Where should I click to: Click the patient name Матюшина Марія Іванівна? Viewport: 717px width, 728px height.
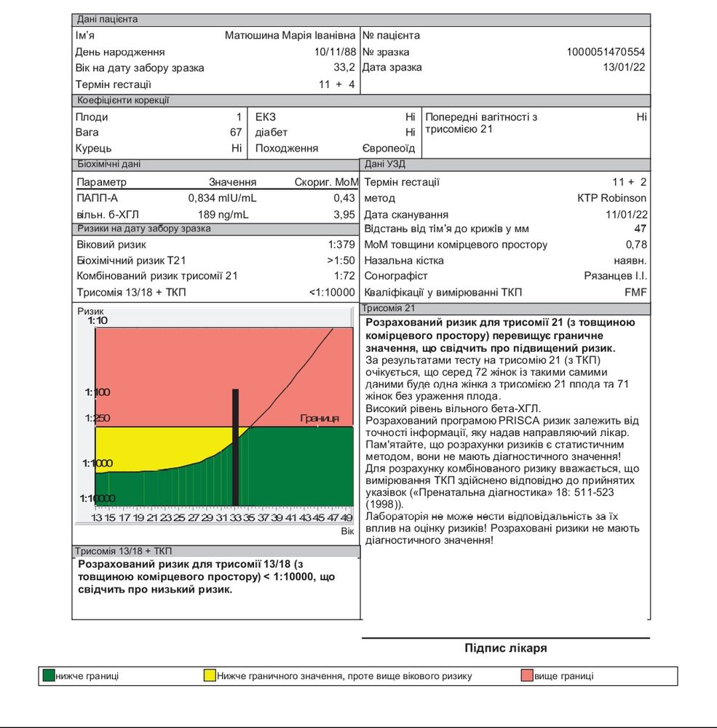click(x=290, y=36)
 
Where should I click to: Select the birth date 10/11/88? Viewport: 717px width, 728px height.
click(x=335, y=52)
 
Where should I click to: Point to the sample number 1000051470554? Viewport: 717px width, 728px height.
click(x=606, y=52)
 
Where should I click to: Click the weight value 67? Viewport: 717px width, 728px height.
click(x=235, y=132)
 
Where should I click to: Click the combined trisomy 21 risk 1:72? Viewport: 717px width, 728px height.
click(x=344, y=277)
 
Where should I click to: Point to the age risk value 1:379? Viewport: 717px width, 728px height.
click(x=341, y=245)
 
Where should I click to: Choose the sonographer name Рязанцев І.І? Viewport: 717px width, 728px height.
click(x=615, y=277)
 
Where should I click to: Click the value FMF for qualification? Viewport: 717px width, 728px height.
click(x=635, y=293)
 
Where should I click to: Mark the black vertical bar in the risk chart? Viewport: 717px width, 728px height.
click(x=235, y=447)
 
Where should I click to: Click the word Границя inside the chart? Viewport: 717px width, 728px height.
click(x=320, y=419)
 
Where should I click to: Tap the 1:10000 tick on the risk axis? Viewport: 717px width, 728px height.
click(x=97, y=499)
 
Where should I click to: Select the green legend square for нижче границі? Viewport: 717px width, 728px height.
click(x=49, y=676)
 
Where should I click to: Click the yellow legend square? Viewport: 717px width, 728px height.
click(x=210, y=676)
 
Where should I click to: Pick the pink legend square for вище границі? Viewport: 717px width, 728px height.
click(x=527, y=676)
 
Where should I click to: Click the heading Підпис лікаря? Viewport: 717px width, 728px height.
click(x=505, y=648)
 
